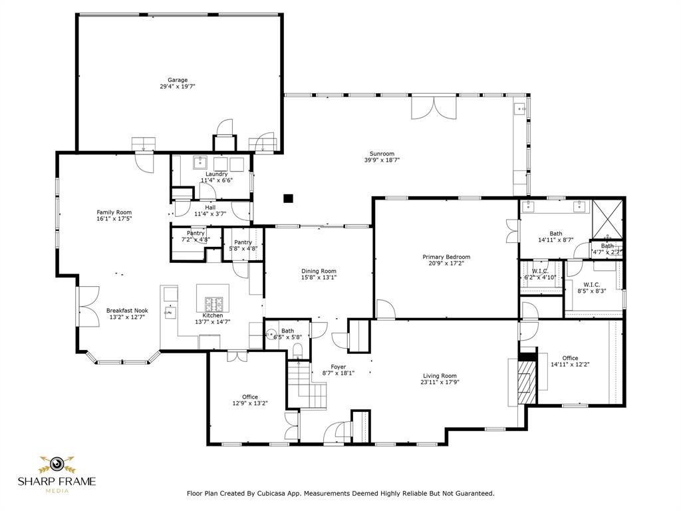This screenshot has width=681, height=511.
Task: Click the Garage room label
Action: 177,80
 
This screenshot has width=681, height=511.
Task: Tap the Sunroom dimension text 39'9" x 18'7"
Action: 382,160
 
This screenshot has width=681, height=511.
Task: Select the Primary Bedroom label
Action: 446,257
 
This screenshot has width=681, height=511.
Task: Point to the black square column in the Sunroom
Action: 288,198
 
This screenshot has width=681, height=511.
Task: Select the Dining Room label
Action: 319,271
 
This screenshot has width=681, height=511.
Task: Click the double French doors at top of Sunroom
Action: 434,108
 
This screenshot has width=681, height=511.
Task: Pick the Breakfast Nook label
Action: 127,310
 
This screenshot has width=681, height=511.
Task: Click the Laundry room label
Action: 216,174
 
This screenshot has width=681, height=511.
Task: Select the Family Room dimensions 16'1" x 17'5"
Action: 114,219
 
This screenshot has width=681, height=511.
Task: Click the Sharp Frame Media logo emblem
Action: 57,463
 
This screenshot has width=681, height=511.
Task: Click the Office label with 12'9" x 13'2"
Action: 249,397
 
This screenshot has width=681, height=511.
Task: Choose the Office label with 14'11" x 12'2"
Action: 570,358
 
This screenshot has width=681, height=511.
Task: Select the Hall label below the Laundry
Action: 209,208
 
